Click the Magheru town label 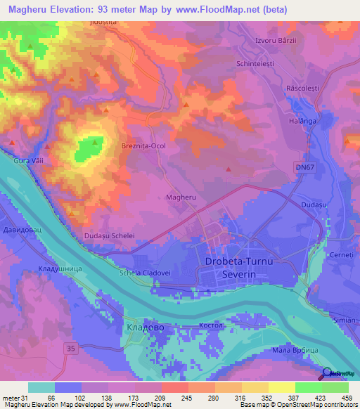pos(180,198)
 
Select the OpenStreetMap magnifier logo pos(326,374)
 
